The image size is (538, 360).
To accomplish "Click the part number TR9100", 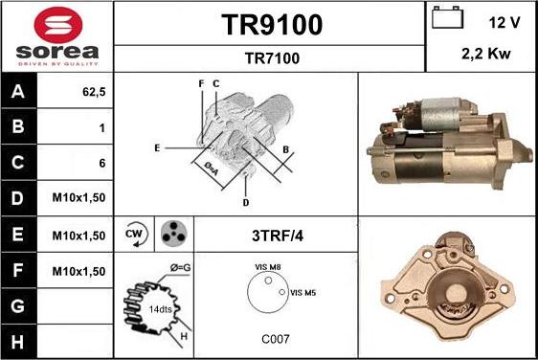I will coord(271,24).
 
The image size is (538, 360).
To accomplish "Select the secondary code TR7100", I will coord(271,58).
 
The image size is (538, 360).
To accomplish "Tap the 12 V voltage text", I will coord(505,22).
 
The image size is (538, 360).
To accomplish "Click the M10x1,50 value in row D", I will coord(78,199).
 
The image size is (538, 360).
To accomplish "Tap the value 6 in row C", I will coord(101,164).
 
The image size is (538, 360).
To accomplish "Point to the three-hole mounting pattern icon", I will coord(173,235).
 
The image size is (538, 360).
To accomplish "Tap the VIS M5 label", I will coord(303,292).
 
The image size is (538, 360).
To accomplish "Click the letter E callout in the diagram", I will coord(156,148).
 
